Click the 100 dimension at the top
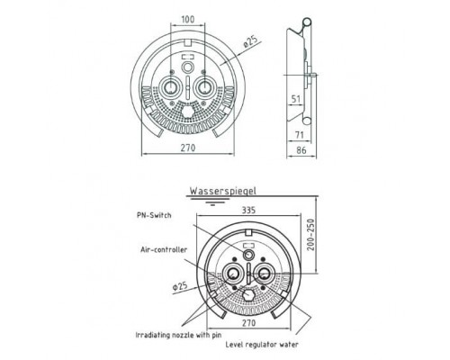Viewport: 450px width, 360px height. point(188,19)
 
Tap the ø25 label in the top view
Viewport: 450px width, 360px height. point(251,42)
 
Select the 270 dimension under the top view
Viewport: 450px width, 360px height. point(188,148)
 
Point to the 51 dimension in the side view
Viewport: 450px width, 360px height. point(296,99)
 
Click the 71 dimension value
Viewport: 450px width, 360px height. point(300,135)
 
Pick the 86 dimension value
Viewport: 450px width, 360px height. point(301,150)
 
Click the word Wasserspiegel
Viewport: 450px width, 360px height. point(223,191)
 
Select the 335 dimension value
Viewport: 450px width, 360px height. point(248,210)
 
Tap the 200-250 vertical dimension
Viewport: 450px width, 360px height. point(311,235)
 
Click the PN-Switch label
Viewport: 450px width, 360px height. point(154,215)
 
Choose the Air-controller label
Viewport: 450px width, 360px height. point(164,249)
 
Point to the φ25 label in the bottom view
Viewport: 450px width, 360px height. point(180,286)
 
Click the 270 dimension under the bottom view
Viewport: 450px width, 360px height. point(248,323)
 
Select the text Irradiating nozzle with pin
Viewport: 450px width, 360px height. point(178,335)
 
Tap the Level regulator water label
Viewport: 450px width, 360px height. point(262,345)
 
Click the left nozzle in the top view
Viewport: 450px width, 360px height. point(170,87)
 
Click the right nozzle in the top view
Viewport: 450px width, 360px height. point(205,87)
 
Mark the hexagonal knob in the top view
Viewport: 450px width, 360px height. point(188,112)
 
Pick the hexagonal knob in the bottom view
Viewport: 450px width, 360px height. point(248,294)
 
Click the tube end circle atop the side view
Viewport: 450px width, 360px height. point(307,22)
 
